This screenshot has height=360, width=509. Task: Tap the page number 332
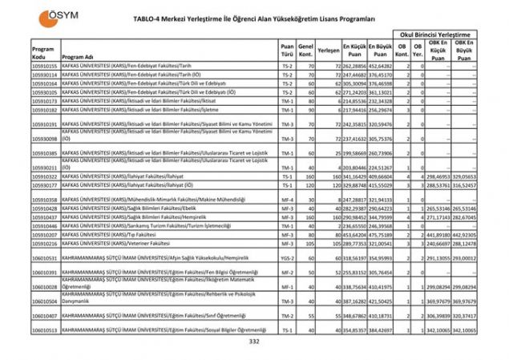(254, 342)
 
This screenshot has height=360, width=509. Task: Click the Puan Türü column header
(287, 51)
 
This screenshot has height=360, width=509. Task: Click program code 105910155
(45, 65)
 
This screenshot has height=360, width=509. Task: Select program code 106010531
(45, 258)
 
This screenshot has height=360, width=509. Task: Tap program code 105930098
(45, 139)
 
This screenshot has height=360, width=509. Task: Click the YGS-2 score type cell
(287, 258)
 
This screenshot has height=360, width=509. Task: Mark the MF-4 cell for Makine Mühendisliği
(287, 199)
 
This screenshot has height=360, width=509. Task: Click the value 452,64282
(381, 65)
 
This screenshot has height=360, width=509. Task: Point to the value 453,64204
(354, 234)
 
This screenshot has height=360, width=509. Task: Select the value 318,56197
(354, 258)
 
